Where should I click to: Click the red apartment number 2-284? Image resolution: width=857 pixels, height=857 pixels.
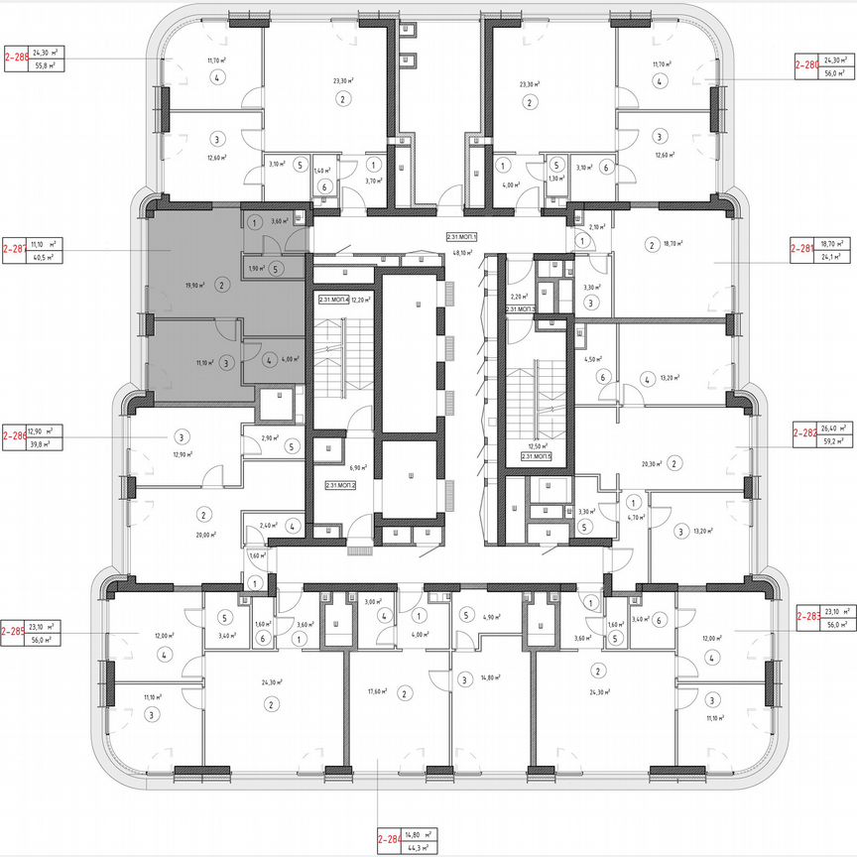click(391, 842)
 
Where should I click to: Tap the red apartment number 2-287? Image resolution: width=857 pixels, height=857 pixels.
click(16, 249)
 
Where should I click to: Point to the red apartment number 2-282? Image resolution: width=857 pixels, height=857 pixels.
click(804, 433)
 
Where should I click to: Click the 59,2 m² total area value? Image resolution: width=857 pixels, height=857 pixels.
click(834, 440)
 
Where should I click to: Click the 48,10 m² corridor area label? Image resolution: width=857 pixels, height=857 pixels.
click(463, 252)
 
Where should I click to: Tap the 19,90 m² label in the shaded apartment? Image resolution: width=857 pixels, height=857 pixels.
click(194, 285)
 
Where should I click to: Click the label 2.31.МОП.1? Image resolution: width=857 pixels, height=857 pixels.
click(463, 237)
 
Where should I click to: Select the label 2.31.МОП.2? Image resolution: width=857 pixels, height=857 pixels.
click(341, 485)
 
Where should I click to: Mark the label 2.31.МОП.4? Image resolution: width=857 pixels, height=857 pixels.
click(331, 300)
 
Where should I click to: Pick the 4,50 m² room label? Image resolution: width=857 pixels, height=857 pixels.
click(593, 360)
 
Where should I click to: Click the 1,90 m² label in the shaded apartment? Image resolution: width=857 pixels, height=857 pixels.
click(253, 268)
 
